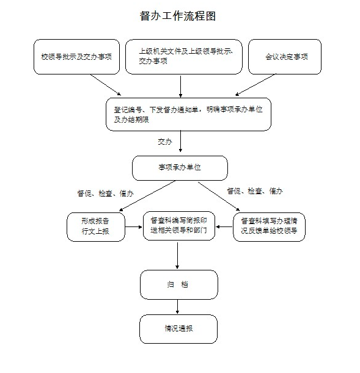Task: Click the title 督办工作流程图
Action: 178,16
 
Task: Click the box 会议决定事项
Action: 285,57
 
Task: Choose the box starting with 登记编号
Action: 188,114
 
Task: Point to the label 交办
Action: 165,142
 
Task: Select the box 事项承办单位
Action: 180,168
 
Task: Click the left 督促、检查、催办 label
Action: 105,194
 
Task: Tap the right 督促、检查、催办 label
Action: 255,191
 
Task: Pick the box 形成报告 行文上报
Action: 95,226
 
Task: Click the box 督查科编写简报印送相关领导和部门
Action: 179,226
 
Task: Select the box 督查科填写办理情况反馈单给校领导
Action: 269,226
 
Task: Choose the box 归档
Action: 178,284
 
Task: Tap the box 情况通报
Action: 178,328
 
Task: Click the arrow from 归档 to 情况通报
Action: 178,307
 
